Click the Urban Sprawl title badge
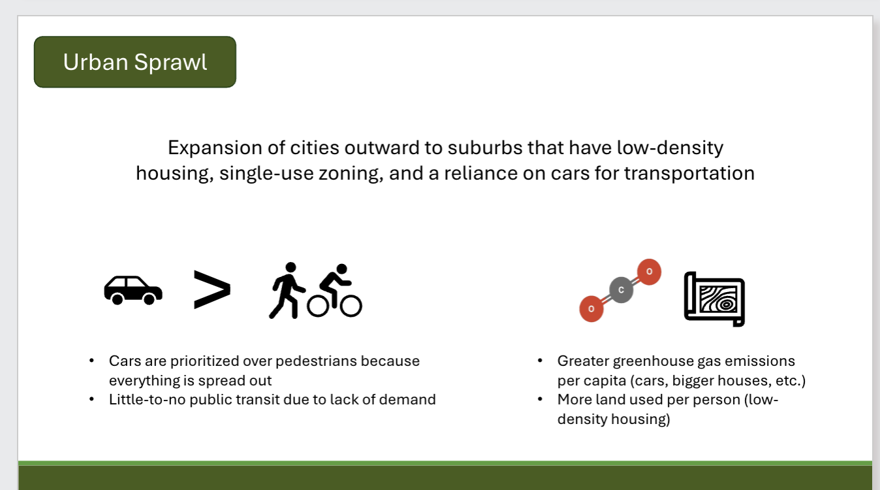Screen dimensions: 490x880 (x=134, y=62)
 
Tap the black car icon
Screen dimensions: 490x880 (x=133, y=290)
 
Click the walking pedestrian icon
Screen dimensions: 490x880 (x=287, y=291)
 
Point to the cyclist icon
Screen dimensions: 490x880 (x=335, y=291)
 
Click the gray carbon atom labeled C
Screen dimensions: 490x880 (x=621, y=289)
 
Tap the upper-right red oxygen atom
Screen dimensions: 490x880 (x=649, y=271)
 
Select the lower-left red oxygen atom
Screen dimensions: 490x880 (x=591, y=308)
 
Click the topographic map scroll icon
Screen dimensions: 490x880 (x=714, y=299)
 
